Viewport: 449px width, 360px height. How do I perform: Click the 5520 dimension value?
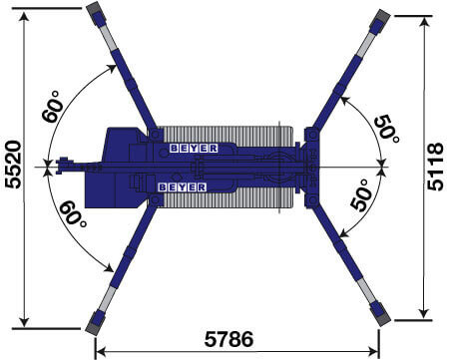tap(14, 165)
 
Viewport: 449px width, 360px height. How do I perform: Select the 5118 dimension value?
tap(435, 167)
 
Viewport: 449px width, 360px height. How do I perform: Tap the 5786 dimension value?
tap(228, 339)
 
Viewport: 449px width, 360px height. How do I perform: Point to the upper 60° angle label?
tap(53, 107)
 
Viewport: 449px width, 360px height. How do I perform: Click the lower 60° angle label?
tap(73, 213)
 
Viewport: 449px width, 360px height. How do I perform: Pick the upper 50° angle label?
tap(387, 129)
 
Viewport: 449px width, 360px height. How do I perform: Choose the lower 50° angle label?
tap(361, 195)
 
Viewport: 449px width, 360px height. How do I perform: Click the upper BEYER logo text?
tap(194, 149)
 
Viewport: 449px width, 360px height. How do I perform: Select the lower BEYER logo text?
tap(183, 187)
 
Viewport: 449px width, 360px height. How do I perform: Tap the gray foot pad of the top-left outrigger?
tap(95, 8)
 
